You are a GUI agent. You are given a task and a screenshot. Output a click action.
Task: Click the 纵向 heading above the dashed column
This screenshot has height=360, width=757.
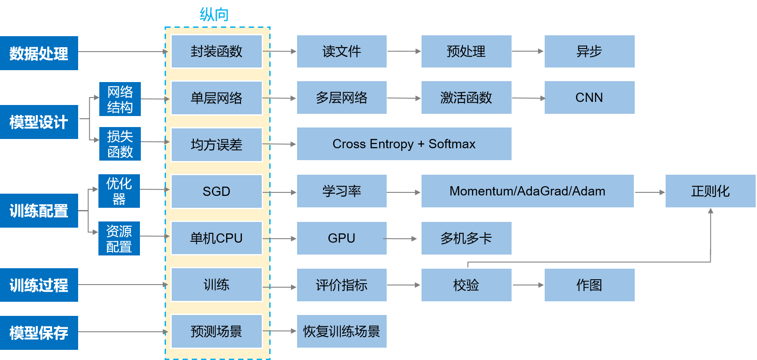pos(214,15)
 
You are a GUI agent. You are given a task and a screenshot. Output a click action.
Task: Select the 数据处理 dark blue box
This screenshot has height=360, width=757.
pos(39,53)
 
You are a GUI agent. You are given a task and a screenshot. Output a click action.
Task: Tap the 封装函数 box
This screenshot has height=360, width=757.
pos(216,52)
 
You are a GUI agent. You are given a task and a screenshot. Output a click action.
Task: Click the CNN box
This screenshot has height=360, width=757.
pos(589,97)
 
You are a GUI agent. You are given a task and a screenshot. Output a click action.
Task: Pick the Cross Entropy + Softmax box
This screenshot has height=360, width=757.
pos(404,144)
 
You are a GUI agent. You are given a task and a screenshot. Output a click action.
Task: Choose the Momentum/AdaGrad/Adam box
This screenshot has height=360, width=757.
pos(527,191)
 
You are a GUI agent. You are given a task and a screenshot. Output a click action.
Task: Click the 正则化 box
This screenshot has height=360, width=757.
pos(710,191)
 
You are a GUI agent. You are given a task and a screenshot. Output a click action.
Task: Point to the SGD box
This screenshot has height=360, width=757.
pos(216,191)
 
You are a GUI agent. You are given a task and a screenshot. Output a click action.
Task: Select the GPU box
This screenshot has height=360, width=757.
pos(342,238)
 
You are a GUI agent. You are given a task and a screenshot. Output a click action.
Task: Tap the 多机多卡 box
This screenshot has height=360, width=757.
pos(466,238)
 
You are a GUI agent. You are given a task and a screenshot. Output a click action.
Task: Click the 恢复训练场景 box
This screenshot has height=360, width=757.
pos(342,331)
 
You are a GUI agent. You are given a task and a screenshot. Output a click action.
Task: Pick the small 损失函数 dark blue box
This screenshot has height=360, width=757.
pos(120,144)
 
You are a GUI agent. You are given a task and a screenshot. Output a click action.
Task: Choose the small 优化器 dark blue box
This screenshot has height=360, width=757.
pos(119,191)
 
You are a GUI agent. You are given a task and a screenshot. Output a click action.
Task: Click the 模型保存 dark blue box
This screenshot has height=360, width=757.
pos(39,333)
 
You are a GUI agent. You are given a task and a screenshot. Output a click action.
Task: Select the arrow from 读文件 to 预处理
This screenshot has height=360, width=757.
pos(404,52)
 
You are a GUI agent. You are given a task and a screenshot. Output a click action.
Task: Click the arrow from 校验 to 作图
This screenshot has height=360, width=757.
pos(528,285)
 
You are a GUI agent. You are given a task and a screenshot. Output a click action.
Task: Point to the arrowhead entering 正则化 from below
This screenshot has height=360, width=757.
pos(711,211)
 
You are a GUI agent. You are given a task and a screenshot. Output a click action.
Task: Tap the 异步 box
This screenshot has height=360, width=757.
pos(589,52)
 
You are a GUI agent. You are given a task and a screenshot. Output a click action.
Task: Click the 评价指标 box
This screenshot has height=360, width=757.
pos(342,285)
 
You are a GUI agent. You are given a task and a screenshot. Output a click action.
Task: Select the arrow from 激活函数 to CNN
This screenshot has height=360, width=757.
pos(528,98)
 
